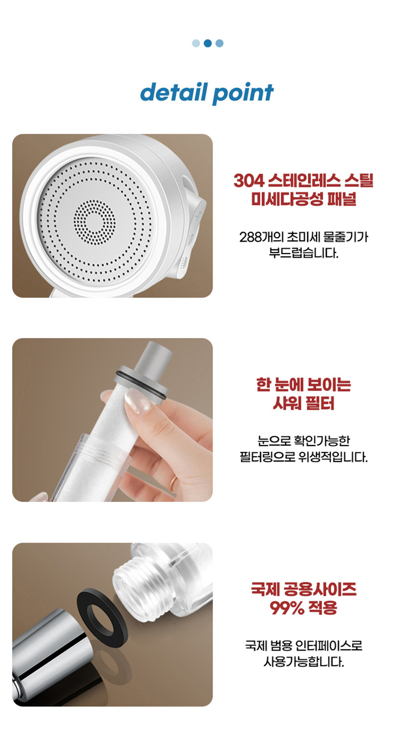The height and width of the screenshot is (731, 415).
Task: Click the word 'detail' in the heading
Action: point(174,92)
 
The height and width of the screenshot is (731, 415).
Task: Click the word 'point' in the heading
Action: point(243,94)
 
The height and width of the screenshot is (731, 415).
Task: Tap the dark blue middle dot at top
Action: point(207,43)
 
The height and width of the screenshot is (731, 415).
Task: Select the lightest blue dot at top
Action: point(196,43)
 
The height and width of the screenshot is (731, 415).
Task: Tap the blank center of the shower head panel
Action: point(95,222)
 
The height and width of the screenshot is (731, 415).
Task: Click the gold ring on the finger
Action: point(173,482)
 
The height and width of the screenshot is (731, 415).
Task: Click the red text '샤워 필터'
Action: point(304,404)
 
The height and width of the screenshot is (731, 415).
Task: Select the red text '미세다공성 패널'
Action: point(304,199)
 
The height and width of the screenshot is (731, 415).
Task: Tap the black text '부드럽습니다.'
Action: point(304,253)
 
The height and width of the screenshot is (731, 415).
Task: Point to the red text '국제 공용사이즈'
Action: point(304,589)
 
